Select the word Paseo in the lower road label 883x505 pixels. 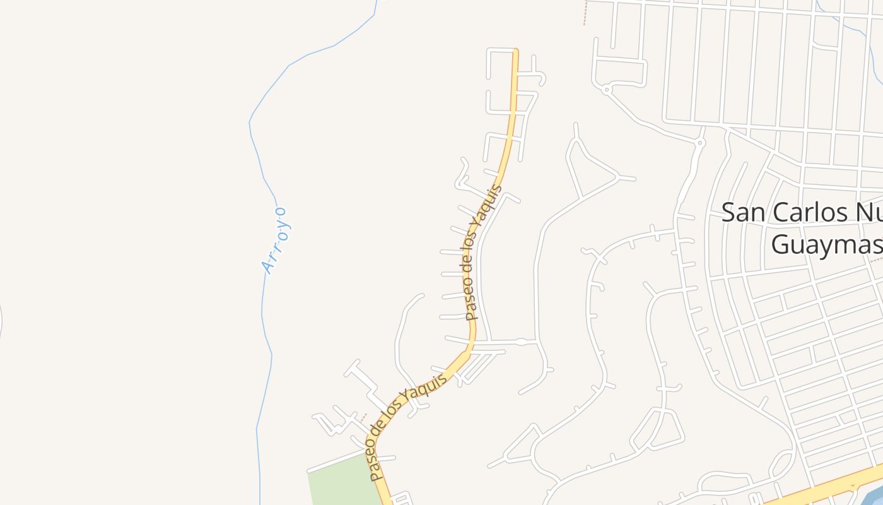point(377,465)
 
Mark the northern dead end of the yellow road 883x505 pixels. point(515,51)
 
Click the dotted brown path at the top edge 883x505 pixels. point(585,13)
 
